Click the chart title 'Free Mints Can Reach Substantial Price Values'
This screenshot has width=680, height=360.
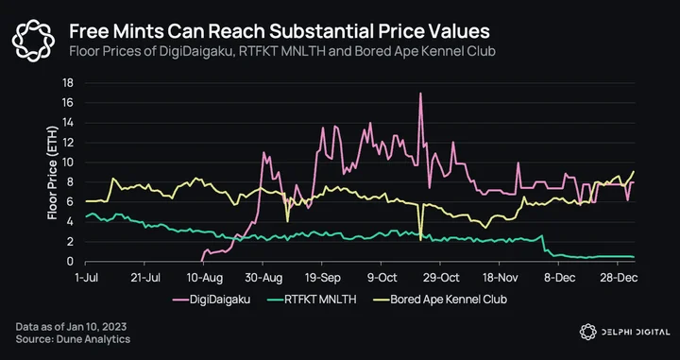[280, 31]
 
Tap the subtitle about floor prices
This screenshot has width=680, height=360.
[282, 51]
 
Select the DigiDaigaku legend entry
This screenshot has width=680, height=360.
[212, 300]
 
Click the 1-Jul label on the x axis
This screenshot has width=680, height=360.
[86, 278]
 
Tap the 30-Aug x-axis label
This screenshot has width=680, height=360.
[263, 278]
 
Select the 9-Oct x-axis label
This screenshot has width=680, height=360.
[382, 278]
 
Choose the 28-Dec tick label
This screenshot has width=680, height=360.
[619, 278]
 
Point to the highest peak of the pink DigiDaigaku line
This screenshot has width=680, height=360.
[420, 94]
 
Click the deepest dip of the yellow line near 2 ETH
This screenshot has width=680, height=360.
[420, 240]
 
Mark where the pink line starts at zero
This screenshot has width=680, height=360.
[202, 261]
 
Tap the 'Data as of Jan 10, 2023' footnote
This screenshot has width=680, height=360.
[71, 327]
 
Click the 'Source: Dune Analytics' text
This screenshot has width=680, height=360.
[73, 339]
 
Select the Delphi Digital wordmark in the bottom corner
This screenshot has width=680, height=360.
[624, 332]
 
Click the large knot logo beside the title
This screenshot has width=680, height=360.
[33, 40]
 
